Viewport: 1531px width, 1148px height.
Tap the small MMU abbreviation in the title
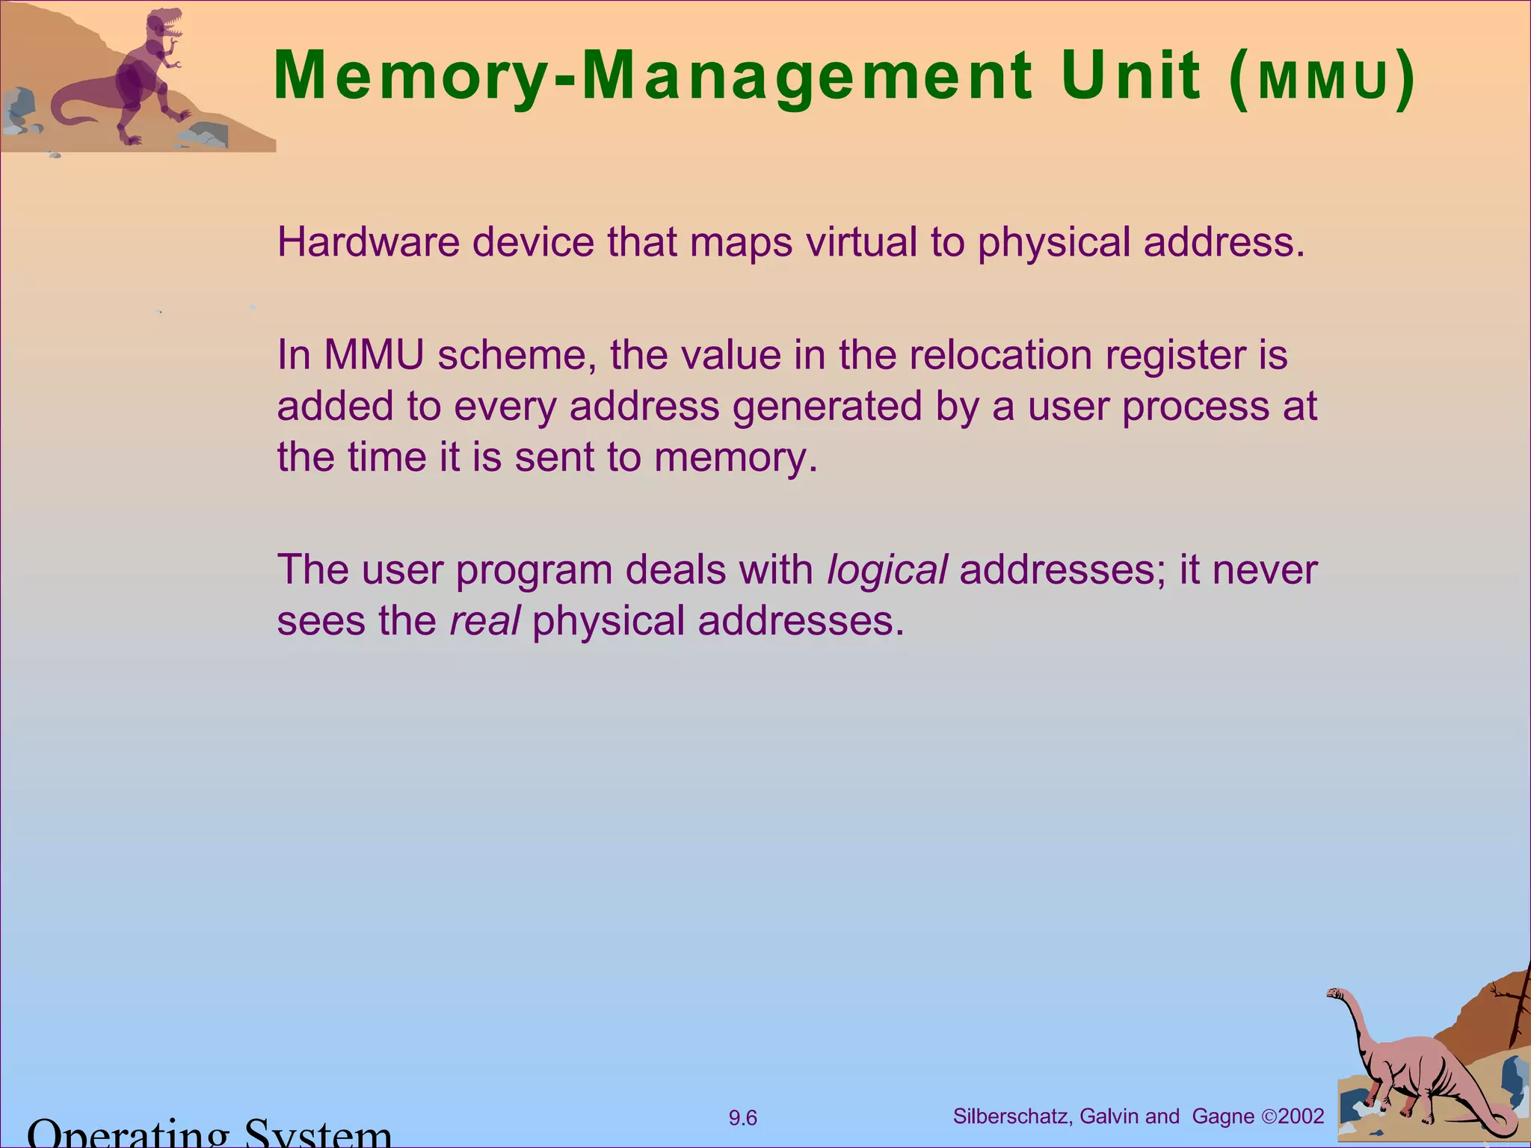coord(1322,81)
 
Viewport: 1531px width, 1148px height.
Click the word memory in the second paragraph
coord(736,458)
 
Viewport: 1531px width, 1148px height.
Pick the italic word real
coord(484,621)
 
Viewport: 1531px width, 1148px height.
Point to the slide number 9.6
coord(743,1118)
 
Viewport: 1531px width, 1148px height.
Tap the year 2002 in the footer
coord(1301,1117)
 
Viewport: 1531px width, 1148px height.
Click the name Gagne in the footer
coord(1223,1117)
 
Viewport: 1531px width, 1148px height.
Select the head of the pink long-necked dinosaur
coord(1336,993)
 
